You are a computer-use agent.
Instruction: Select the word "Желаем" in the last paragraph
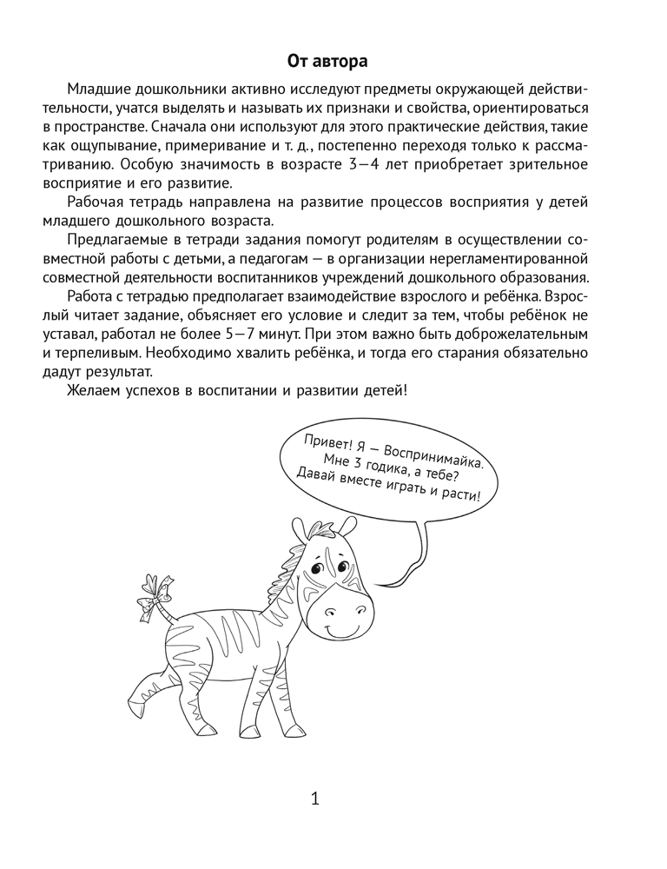(94, 391)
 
